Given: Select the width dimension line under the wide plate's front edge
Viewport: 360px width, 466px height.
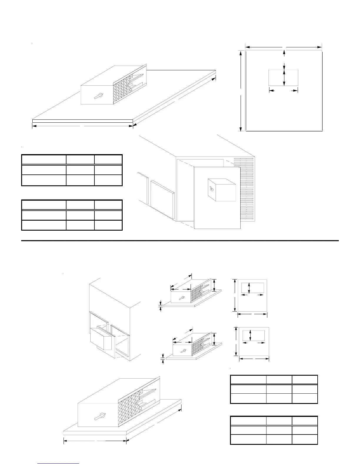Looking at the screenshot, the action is pyautogui.click(x=82, y=126).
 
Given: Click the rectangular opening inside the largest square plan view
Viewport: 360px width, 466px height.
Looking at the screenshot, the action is pyautogui.click(x=283, y=78).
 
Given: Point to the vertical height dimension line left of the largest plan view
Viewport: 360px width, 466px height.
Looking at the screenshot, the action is pyautogui.click(x=241, y=91).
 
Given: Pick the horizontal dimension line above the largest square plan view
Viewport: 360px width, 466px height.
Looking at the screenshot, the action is pyautogui.click(x=283, y=47).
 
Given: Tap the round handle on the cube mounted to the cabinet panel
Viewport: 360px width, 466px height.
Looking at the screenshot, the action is pyautogui.click(x=211, y=189).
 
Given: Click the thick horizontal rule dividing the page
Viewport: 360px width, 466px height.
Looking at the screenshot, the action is pyautogui.click(x=180, y=241).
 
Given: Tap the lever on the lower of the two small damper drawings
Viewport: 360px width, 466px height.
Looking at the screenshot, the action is pyautogui.click(x=183, y=351).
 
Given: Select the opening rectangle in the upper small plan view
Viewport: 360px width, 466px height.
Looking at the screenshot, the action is pyautogui.click(x=252, y=288).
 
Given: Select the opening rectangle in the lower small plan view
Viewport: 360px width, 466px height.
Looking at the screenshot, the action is pyautogui.click(x=253, y=335).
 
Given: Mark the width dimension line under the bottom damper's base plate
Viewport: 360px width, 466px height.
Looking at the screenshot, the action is pyautogui.click(x=95, y=441).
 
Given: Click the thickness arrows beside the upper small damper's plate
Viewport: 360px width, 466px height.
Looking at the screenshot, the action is pyautogui.click(x=161, y=306).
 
